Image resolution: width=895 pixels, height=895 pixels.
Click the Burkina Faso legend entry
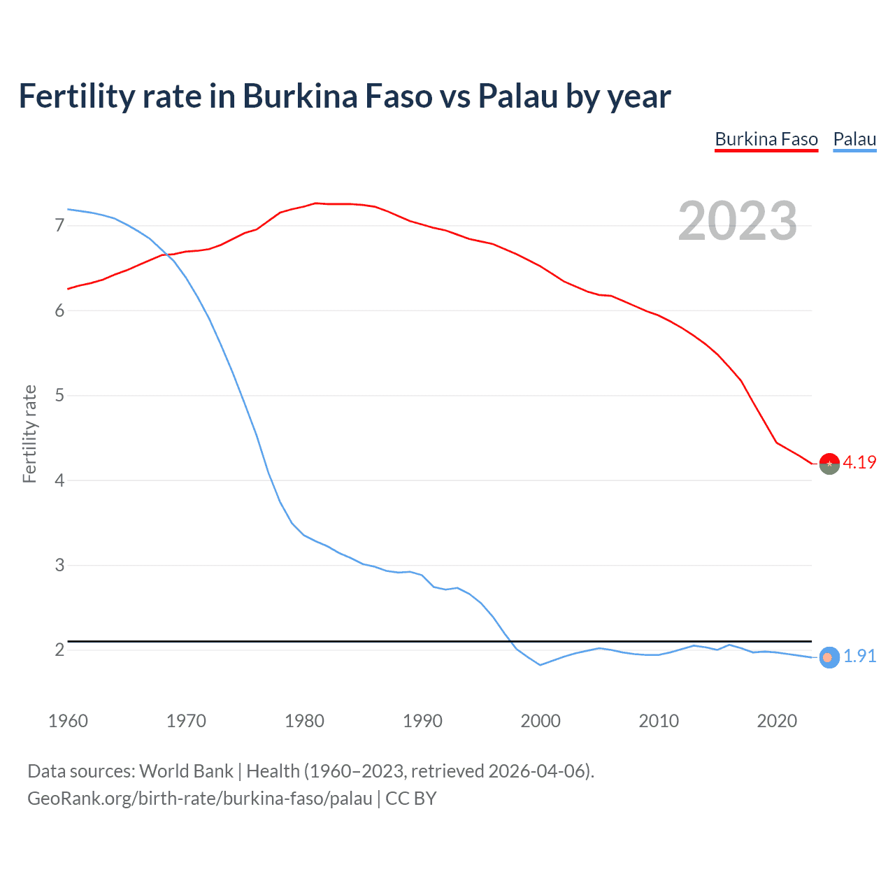pos(766,139)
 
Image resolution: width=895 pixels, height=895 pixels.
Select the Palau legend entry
pos(854,139)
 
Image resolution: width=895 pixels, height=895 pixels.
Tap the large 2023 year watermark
pos(737,221)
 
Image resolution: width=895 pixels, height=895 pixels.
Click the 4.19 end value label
pos(859,462)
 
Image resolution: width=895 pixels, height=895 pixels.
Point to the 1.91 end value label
pos(859,656)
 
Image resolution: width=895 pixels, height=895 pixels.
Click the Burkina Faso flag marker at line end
pos(829,464)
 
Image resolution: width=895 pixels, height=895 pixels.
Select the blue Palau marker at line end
pos(829,657)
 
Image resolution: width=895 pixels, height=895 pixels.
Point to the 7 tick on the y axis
pos(59,225)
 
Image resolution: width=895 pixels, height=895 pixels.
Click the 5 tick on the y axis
pos(59,395)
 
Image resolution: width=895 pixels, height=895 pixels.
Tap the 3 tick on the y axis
pos(59,565)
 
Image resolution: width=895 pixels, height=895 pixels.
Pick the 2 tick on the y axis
pos(59,650)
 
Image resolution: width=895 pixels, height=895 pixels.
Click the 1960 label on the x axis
pos(68,721)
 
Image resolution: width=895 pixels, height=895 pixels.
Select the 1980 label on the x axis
pos(304,721)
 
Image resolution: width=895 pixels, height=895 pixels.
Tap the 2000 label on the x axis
pos(540,721)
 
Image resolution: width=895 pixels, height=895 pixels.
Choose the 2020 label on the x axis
pos(777,721)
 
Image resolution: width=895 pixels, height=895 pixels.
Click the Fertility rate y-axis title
pos(29,434)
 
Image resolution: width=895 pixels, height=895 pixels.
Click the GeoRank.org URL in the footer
pos(199,799)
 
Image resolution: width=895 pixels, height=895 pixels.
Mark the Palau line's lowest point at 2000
pos(540,665)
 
